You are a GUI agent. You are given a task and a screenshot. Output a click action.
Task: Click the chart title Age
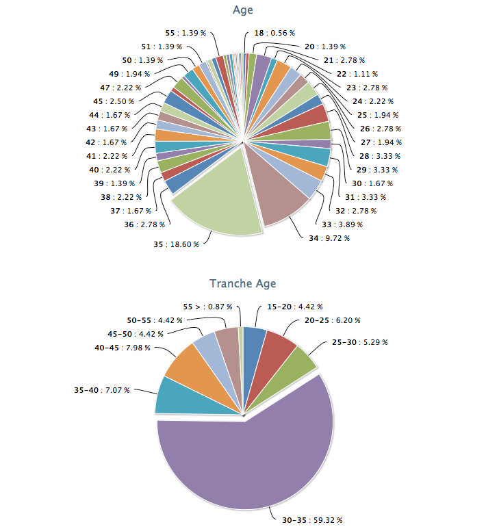pos(243,10)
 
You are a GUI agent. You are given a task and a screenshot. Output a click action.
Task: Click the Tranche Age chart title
pos(243,283)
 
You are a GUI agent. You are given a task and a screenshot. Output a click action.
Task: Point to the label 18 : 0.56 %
pos(274,32)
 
